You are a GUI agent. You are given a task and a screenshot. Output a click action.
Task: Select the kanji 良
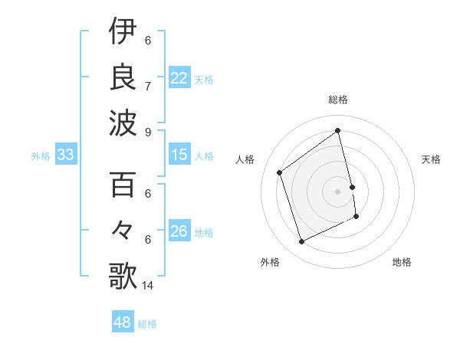click(123, 77)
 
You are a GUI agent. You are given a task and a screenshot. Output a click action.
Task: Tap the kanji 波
click(123, 122)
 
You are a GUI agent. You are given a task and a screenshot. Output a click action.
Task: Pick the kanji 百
click(123, 185)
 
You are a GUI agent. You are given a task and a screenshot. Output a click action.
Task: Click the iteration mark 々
click(123, 231)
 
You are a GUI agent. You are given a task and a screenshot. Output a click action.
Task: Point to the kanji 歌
click(123, 275)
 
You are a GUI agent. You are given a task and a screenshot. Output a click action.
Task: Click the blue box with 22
click(179, 78)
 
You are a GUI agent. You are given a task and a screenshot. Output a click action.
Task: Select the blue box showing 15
click(179, 155)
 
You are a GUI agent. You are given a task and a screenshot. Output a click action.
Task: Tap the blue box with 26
click(179, 232)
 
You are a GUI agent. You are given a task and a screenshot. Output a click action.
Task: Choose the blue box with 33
click(65, 155)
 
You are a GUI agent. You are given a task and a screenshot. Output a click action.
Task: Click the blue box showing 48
click(123, 322)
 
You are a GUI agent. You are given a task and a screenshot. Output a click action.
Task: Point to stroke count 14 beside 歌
click(148, 286)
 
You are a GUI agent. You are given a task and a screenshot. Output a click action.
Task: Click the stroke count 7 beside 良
click(147, 86)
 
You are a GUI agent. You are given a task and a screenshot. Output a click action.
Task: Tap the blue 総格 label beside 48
click(147, 324)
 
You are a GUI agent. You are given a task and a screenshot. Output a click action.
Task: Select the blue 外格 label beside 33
click(41, 156)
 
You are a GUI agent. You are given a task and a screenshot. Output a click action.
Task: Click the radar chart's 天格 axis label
click(431, 159)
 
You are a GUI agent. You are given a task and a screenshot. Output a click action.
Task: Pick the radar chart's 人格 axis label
click(245, 159)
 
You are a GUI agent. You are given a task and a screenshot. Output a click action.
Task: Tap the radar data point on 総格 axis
click(338, 130)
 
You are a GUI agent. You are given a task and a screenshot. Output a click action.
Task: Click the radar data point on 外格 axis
click(301, 242)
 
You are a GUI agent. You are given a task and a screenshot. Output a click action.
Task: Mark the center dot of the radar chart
click(338, 191)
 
